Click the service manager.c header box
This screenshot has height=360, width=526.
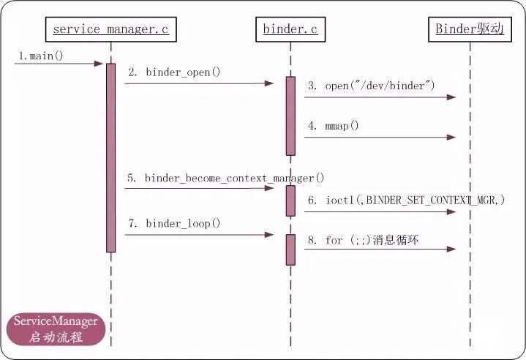110,29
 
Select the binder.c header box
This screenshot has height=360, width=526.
290,29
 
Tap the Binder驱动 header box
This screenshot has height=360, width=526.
470,29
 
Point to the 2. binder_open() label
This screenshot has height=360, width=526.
174,72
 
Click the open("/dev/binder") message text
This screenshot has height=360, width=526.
371,86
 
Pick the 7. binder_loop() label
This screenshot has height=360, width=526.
174,223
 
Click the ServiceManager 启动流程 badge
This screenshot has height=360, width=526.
56,329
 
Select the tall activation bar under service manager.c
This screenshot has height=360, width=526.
110,157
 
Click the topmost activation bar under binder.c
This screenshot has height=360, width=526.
290,116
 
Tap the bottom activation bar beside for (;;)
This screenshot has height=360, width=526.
290,250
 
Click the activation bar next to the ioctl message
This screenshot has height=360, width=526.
290,200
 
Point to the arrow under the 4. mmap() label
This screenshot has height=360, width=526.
379,136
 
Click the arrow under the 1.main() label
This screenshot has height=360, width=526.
59,64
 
